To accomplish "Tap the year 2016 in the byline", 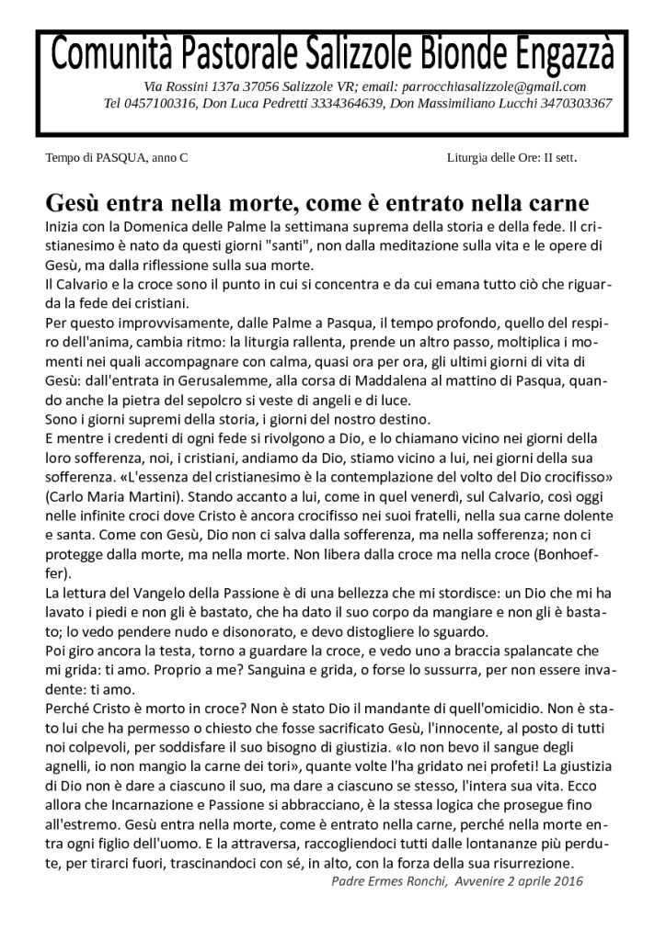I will coord(567,881).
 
